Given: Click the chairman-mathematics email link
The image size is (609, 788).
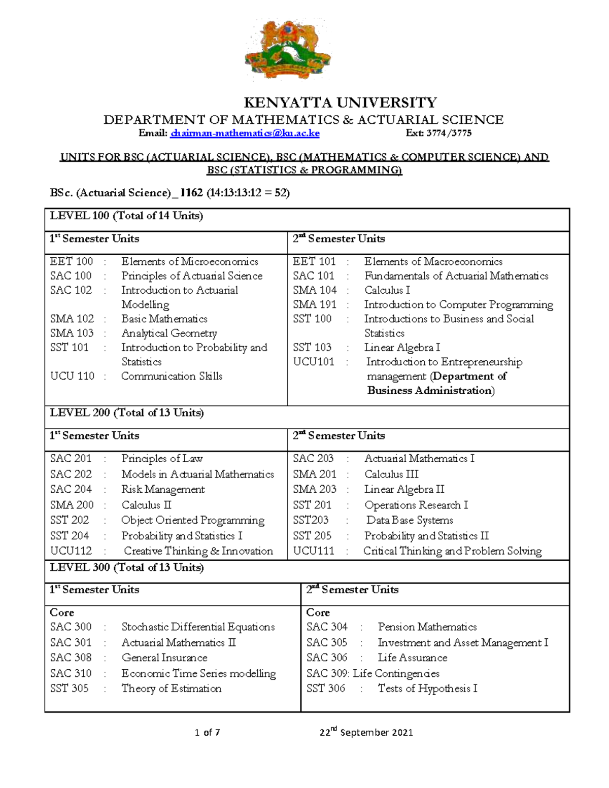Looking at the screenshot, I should point(245,133).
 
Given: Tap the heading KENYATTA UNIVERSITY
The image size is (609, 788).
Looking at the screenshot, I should point(340,103).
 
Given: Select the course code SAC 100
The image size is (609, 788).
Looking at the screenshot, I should point(71,276).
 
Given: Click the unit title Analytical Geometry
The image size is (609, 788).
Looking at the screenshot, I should point(169,333).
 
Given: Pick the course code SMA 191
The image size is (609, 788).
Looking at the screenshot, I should point(315,305).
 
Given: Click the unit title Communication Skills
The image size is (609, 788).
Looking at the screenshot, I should point(172,376).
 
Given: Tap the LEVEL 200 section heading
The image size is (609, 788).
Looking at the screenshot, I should point(126,413).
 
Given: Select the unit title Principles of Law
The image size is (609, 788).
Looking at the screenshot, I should point(162,459).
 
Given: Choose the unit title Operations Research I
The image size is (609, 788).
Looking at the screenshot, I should point(416,505).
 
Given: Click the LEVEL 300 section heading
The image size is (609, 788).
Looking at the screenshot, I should point(126,568).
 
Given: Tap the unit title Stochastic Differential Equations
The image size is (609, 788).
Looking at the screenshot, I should point(198,627).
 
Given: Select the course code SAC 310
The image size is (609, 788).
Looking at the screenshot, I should point(71,673).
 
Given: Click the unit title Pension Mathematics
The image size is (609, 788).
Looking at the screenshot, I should point(427,627).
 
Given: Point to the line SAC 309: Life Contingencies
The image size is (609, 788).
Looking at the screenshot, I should point(373,673).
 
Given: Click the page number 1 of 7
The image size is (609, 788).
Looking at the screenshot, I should point(207,733).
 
